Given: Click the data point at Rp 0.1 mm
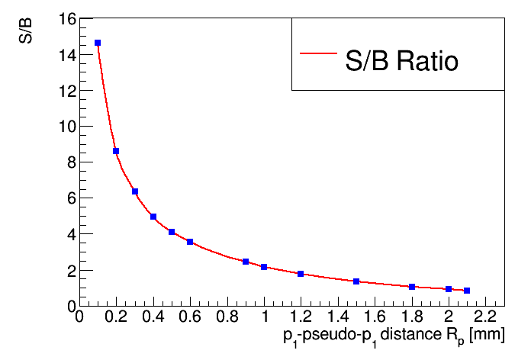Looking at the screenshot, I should click(x=98, y=43).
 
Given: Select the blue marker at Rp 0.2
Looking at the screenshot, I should click(x=116, y=151).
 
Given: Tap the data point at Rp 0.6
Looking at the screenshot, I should click(x=190, y=242).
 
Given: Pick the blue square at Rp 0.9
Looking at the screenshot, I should click(x=246, y=262).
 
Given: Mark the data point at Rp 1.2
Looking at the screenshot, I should click(x=301, y=274).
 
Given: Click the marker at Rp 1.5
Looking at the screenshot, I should click(x=356, y=281).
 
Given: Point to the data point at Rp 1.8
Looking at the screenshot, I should click(x=412, y=287).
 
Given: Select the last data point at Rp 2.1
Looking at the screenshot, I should click(x=467, y=291).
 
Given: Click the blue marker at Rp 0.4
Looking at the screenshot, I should click(x=153, y=217).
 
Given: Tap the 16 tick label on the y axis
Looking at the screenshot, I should click(x=66, y=19).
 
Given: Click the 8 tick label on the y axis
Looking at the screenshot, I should click(x=70, y=162).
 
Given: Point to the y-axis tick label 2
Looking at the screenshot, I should click(x=70, y=271).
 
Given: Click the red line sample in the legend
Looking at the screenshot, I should click(x=318, y=53).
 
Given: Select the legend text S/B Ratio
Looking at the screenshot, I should click(x=401, y=61).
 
